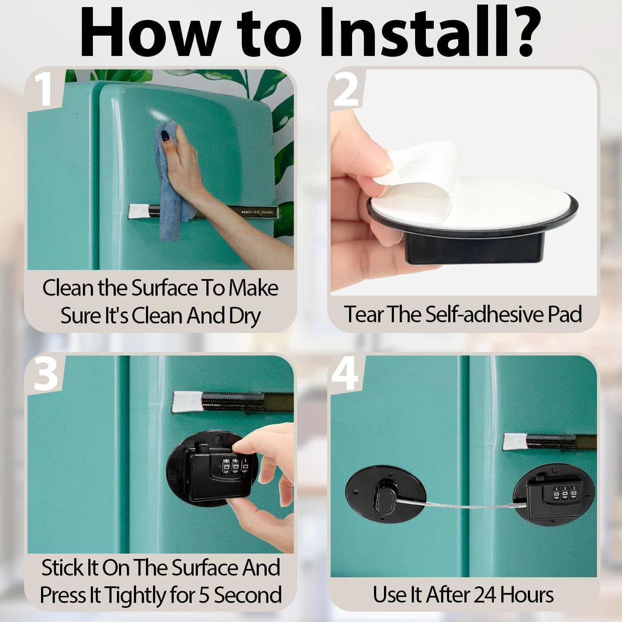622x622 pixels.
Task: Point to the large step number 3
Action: (46, 374)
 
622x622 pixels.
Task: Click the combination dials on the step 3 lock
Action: (235, 465)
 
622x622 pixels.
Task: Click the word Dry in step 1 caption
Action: (245, 316)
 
